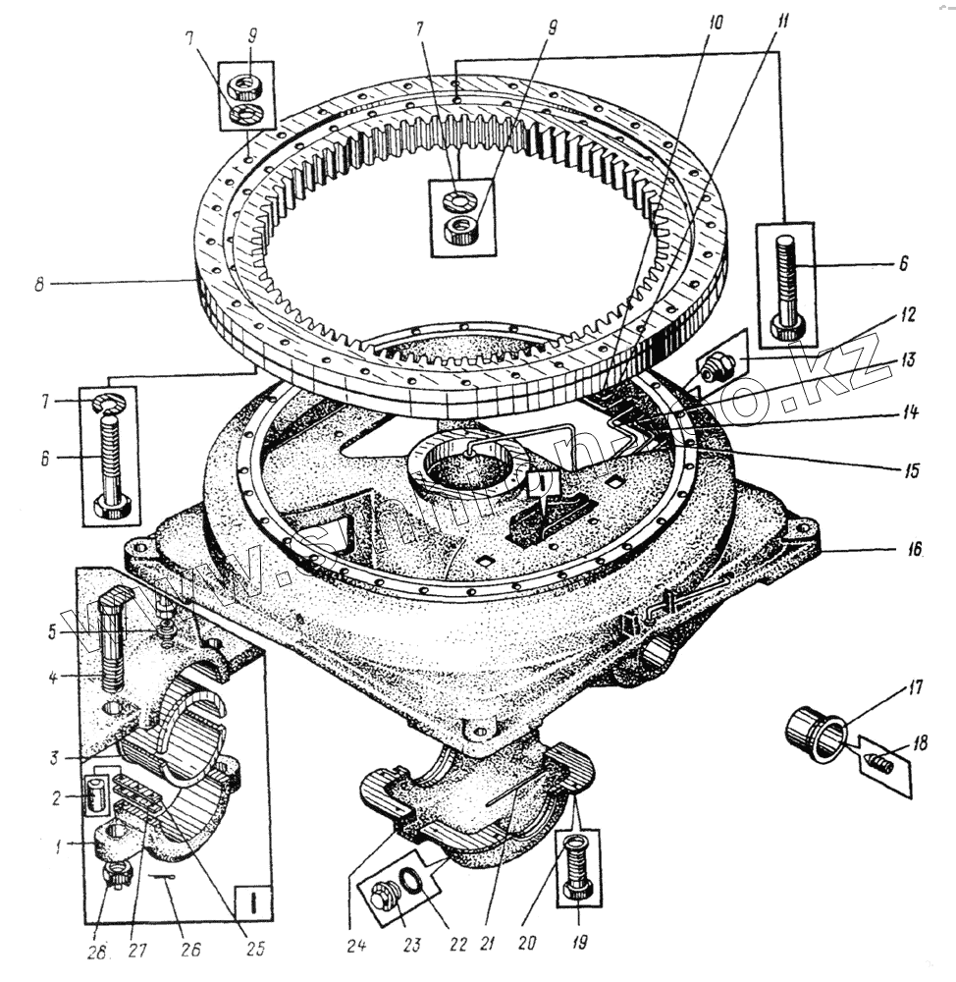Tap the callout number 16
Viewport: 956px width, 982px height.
(914, 551)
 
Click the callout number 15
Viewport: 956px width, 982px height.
(912, 471)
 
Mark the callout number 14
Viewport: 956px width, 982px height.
(912, 413)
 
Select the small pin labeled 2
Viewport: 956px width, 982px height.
(95, 792)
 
